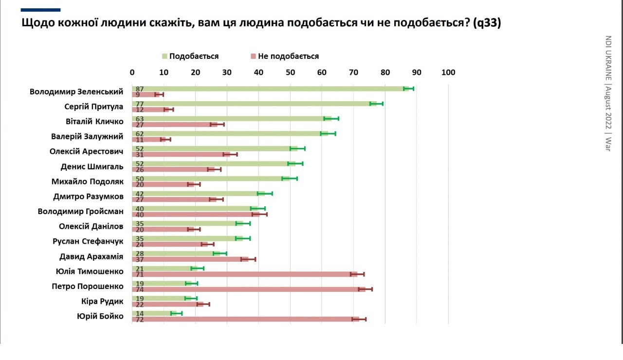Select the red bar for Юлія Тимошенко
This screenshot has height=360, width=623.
[x=243, y=274]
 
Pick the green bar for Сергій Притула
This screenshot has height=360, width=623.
[x=253, y=104]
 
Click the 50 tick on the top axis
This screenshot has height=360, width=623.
[x=290, y=72]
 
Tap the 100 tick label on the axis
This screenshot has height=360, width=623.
[x=448, y=72]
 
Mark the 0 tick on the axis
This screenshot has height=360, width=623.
[x=132, y=72]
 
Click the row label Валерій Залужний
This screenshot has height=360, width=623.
[x=87, y=137]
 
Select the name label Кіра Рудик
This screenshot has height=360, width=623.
[x=102, y=302]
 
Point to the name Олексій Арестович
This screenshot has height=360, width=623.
[x=86, y=152]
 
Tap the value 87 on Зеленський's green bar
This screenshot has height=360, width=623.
[x=140, y=89]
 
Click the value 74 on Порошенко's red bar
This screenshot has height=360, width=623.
[x=140, y=289]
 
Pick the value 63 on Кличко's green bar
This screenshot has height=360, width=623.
[x=140, y=119]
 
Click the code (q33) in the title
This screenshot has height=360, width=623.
[x=486, y=23]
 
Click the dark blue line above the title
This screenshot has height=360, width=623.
[x=41, y=10]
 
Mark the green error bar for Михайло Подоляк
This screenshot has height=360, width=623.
[x=290, y=179]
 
